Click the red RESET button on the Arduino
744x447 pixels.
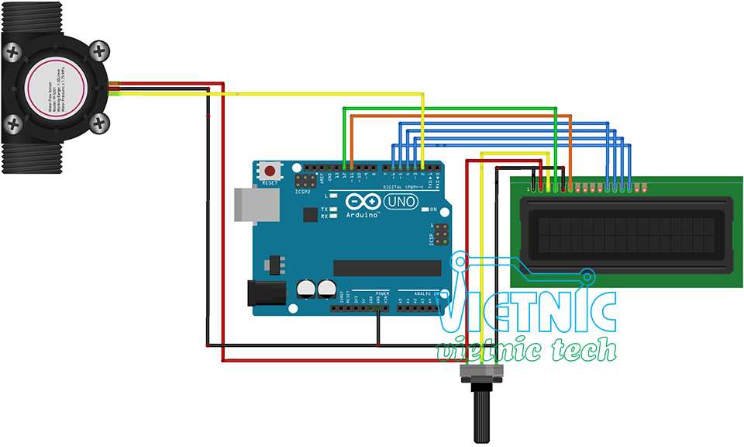pyautogui.click(x=269, y=170)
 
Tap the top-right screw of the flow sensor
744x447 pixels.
pyautogui.click(x=99, y=53)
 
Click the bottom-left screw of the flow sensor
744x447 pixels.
pyautogui.click(x=13, y=123)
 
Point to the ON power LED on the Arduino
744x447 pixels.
pyautogui.click(x=425, y=210)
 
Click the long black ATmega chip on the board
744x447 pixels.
pyautogui.click(x=387, y=268)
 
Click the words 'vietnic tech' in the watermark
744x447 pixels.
pyautogui.click(x=527, y=350)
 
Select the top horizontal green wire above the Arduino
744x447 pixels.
pyautogui.click(x=449, y=108)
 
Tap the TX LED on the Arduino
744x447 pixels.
pyautogui.click(x=333, y=209)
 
